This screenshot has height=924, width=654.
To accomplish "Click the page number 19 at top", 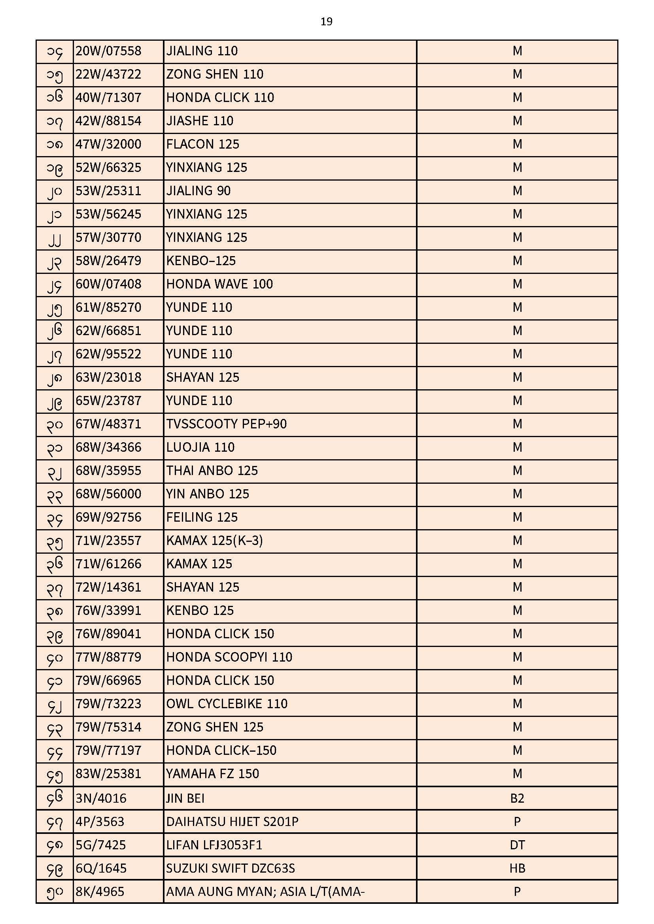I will point(326,22).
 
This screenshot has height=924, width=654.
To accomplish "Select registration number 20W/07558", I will point(108,51).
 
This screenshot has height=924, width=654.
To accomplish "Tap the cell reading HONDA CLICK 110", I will point(220,98).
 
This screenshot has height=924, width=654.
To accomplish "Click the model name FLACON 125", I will point(202,145).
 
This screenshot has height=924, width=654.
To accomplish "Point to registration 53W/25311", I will point(108,191).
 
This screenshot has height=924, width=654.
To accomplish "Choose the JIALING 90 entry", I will point(198,191).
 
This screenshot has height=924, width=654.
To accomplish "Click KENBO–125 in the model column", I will point(200,261).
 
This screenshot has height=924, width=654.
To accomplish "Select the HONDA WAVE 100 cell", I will point(219,284).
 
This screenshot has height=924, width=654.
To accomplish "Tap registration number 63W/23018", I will point(108,377).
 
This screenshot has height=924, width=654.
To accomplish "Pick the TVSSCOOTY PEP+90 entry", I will point(226,424).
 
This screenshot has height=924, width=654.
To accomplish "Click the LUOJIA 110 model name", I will point(200,447).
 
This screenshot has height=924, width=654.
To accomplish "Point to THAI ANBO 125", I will point(212,471).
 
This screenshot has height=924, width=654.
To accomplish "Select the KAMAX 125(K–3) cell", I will point(214,541).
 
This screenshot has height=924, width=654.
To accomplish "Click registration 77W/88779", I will point(108,657).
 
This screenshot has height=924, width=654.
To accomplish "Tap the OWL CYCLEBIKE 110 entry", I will point(227,704).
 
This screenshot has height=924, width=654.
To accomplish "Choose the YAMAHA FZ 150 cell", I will point(212,774).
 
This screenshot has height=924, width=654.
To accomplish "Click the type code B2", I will point(517,798).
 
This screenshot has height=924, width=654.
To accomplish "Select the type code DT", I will point(517,845).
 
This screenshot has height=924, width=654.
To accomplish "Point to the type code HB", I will point(517,868).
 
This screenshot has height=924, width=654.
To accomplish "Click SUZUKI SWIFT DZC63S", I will point(231,868).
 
